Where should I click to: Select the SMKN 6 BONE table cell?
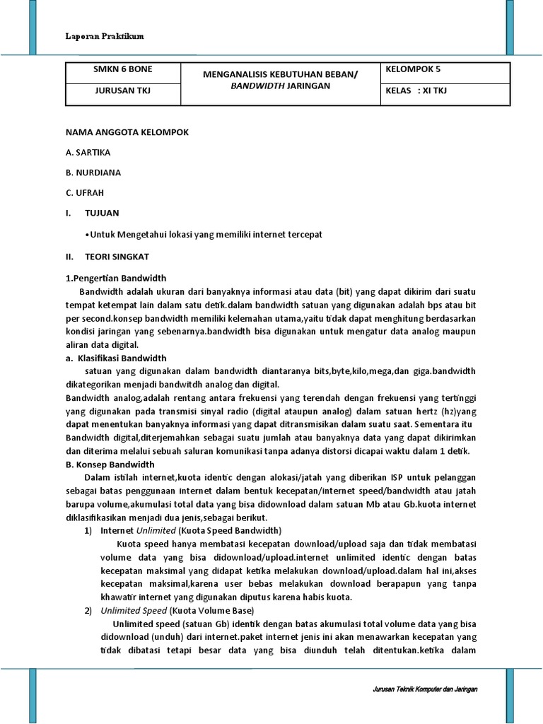(x=122, y=69)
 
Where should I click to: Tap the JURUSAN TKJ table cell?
(x=122, y=90)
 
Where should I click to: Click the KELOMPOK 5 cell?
(x=414, y=69)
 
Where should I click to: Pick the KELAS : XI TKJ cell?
(x=416, y=90)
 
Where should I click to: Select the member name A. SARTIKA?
(x=88, y=152)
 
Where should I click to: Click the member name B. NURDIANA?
(x=93, y=172)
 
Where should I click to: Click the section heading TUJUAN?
(x=102, y=212)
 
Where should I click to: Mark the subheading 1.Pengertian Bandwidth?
(x=116, y=278)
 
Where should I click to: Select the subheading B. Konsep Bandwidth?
(x=110, y=465)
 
